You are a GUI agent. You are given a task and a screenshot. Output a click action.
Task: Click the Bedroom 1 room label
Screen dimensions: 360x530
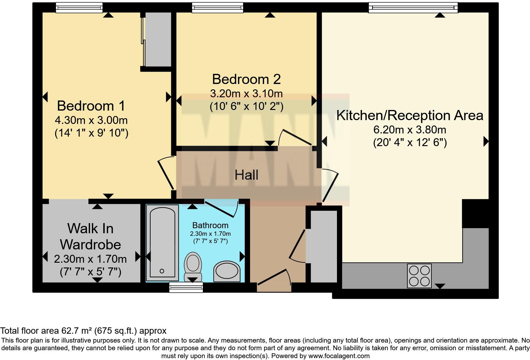[x=91, y=106]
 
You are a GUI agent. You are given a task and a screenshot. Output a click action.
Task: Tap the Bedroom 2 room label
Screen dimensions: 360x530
[x=246, y=79]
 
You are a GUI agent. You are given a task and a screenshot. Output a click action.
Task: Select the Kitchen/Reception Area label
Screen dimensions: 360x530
[x=410, y=115]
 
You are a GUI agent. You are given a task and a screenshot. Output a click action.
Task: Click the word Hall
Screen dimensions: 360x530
[x=246, y=175]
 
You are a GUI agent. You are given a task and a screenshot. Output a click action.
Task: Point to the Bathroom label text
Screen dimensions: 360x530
[x=210, y=225]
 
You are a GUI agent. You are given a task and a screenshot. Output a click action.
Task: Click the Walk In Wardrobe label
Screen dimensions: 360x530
[x=90, y=236]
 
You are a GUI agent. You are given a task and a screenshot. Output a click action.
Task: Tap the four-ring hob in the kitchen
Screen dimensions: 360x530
[x=419, y=276]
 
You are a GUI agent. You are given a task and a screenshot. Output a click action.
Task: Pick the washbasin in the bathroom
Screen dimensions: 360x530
[x=227, y=272]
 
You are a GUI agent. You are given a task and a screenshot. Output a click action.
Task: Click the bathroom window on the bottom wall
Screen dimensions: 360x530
[x=186, y=287]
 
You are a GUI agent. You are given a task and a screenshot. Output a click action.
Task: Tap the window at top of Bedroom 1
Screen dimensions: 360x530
[x=79, y=8]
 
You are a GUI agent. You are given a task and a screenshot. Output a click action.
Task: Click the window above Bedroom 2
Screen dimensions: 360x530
[x=217, y=8]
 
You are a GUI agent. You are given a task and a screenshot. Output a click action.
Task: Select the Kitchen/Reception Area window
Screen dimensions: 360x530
[x=413, y=8]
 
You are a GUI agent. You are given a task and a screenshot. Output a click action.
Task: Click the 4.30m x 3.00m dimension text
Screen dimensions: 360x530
[x=91, y=120]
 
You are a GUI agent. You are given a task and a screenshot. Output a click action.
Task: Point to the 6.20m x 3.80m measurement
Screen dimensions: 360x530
[x=410, y=130]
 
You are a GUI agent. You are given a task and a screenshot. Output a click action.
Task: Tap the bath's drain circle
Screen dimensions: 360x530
[x=162, y=271]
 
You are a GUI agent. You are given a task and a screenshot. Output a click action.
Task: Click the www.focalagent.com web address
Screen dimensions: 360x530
[x=338, y=356]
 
